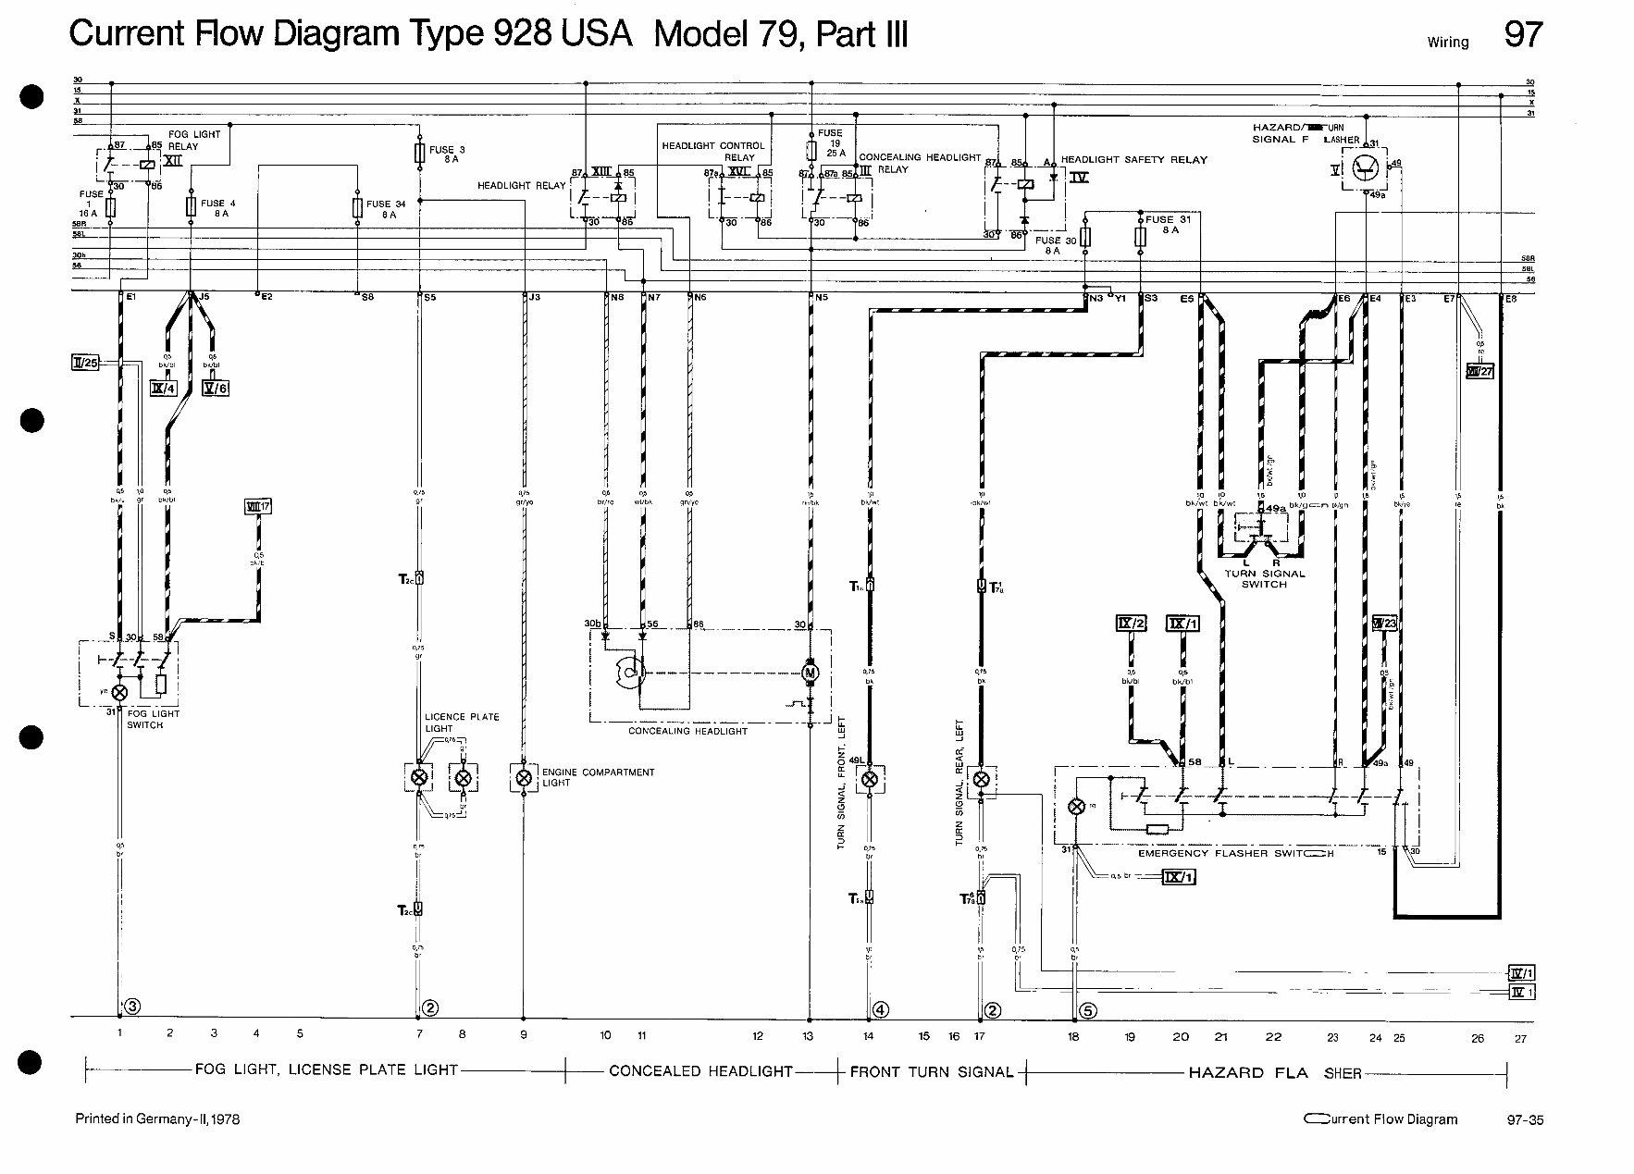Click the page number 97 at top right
tap(1523, 34)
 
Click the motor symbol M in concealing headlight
tap(810, 671)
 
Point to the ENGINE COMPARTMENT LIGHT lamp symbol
tap(524, 777)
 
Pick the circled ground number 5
tap(1088, 1011)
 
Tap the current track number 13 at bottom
tap(808, 1037)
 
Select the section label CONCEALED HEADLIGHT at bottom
tap(700, 1071)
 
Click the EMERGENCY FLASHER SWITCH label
tap(1235, 853)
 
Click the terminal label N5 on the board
tap(821, 298)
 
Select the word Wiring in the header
tap(1448, 42)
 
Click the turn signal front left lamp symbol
tap(870, 779)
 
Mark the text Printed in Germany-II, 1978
tap(157, 1119)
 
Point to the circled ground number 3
tap(133, 1006)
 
